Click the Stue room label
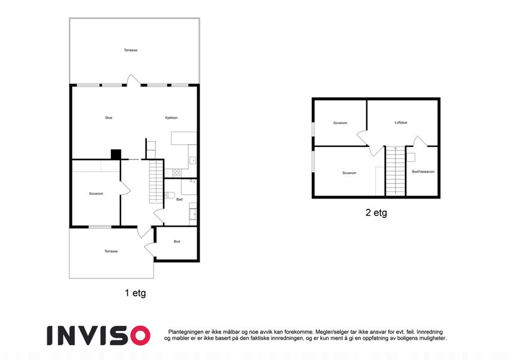coord(109,118)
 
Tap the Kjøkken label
coord(171,118)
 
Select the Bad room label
coord(179,199)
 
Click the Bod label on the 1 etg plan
coord(177,241)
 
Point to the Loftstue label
coord(401,122)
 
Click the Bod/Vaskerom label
coord(423,172)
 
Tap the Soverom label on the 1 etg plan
coord(96,194)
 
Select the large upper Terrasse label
coord(131,50)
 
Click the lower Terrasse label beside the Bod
coord(111,251)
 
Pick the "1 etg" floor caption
coord(135,293)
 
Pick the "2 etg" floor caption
coord(377,212)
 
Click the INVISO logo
coord(99,335)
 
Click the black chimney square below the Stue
coord(116,154)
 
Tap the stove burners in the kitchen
coord(177,173)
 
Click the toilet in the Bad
coord(170,195)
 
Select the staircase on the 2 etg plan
coord(395,171)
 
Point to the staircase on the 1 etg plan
coord(156,182)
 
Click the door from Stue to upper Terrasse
coord(134,80)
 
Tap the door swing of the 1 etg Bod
coord(150,250)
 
